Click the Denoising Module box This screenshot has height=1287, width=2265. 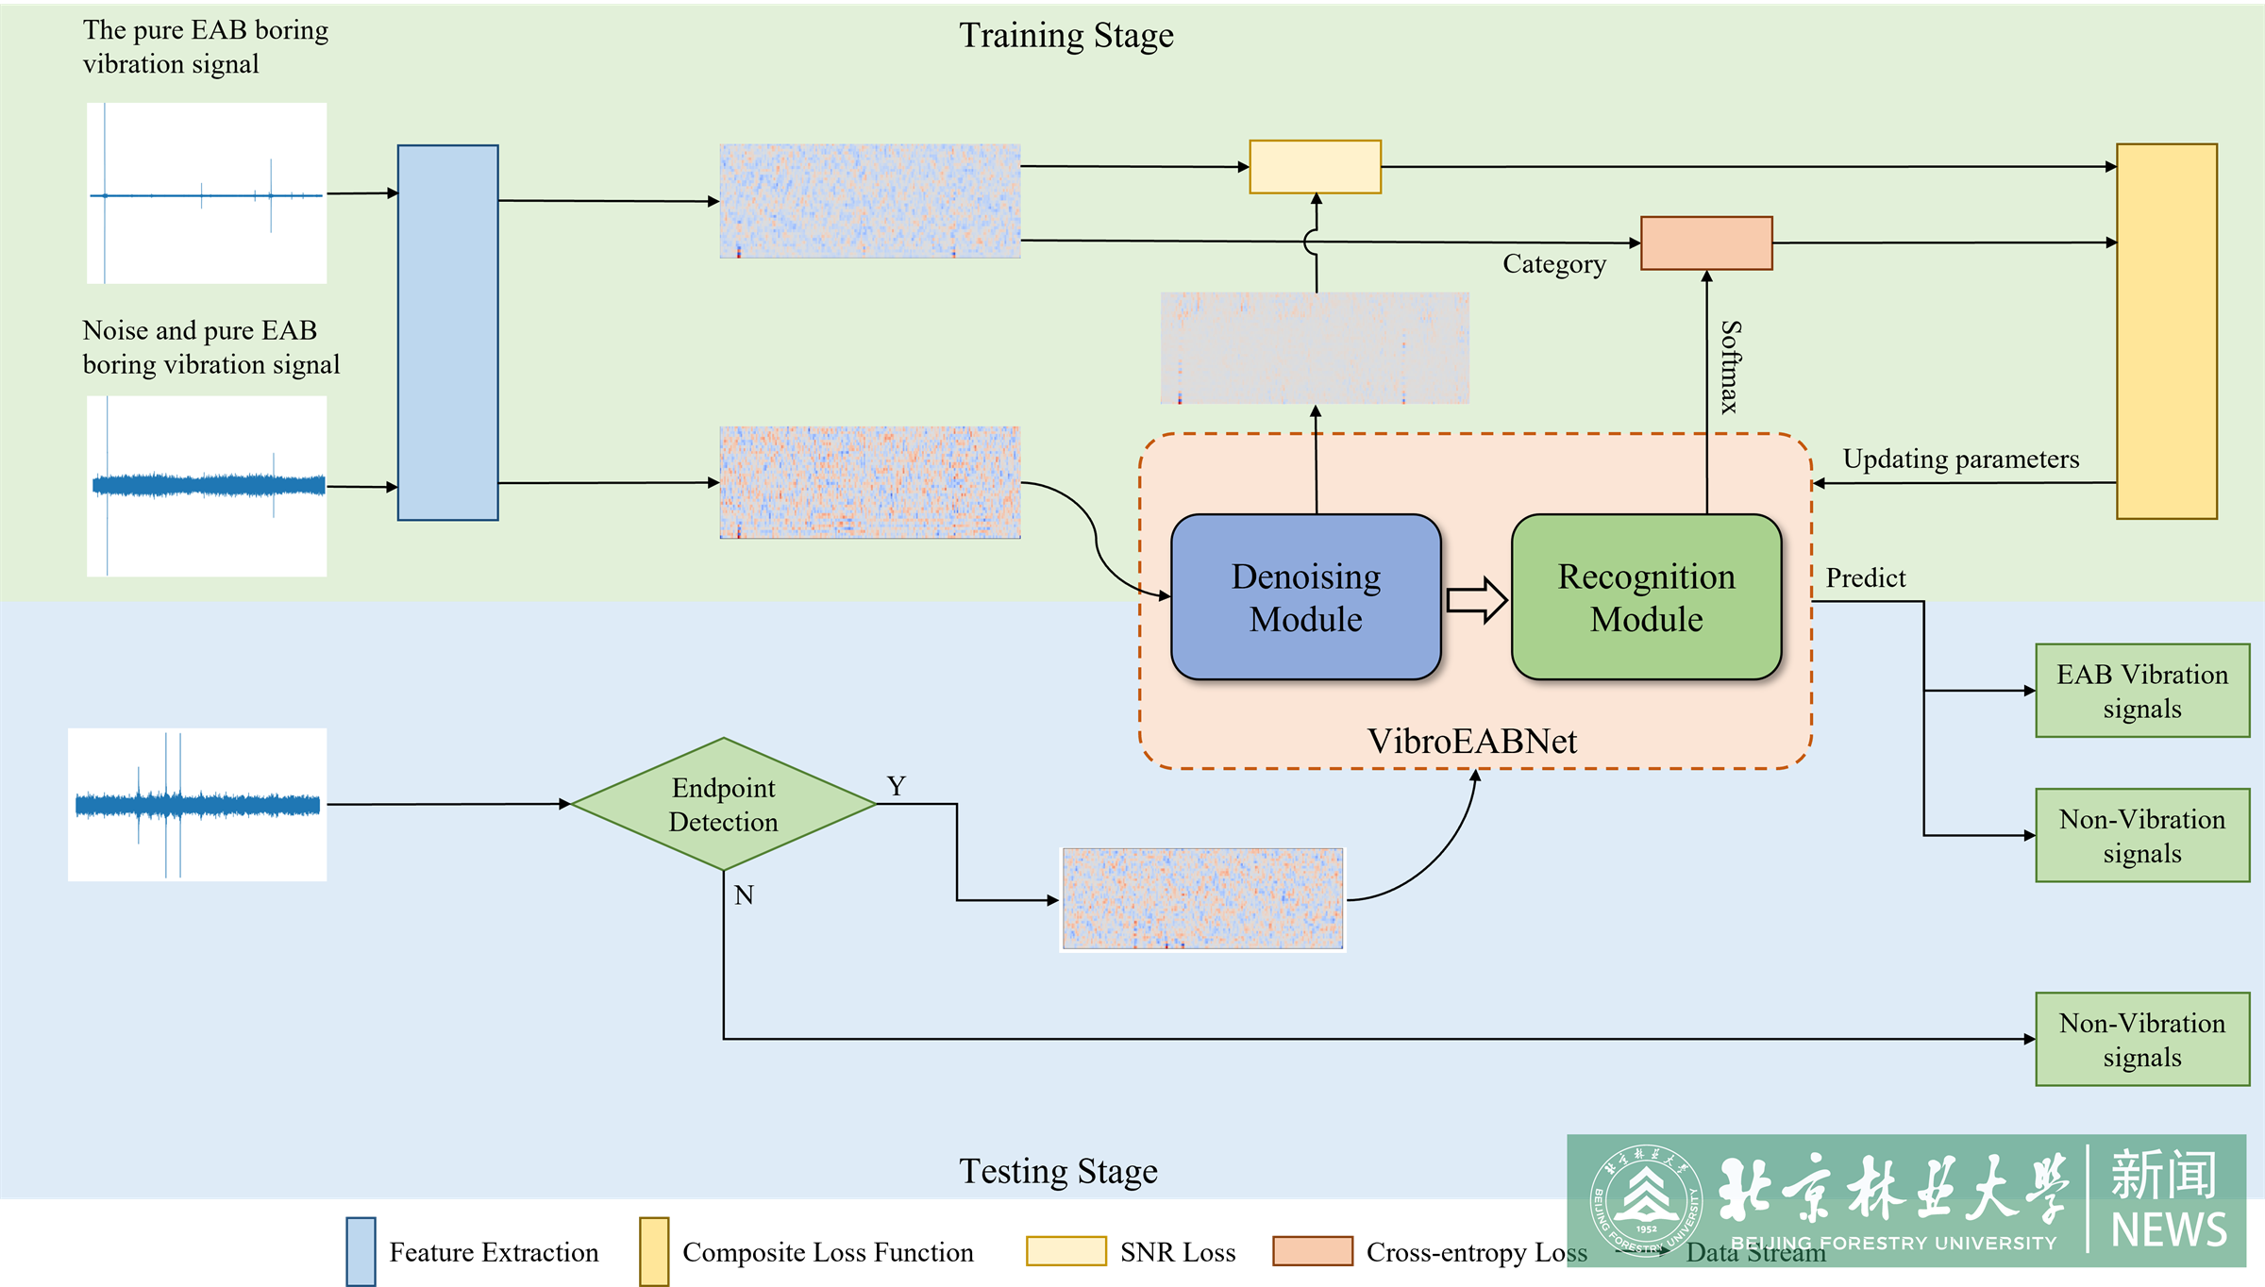click(1305, 596)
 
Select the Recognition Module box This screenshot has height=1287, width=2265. click(1646, 596)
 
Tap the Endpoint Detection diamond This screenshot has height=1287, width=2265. click(723, 804)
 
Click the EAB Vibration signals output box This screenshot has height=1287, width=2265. click(2142, 691)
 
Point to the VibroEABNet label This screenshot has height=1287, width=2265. click(1471, 741)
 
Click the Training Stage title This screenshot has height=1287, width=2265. click(1066, 36)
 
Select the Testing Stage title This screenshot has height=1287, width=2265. click(1058, 1171)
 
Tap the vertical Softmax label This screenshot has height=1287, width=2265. click(1730, 366)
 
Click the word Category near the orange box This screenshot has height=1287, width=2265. click(1553, 264)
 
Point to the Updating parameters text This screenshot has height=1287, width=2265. click(1960, 459)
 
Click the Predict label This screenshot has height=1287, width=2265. click(1865, 577)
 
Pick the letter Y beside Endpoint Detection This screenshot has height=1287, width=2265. click(896, 785)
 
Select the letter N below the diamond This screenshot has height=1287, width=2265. click(744, 894)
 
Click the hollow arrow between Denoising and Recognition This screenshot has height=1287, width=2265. click(1476, 599)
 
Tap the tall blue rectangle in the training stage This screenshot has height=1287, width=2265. click(447, 332)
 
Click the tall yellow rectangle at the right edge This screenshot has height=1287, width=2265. click(2166, 331)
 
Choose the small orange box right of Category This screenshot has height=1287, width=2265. click(1706, 243)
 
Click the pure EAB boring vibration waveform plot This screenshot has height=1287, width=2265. click(207, 193)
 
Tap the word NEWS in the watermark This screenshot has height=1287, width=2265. click(2169, 1230)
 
